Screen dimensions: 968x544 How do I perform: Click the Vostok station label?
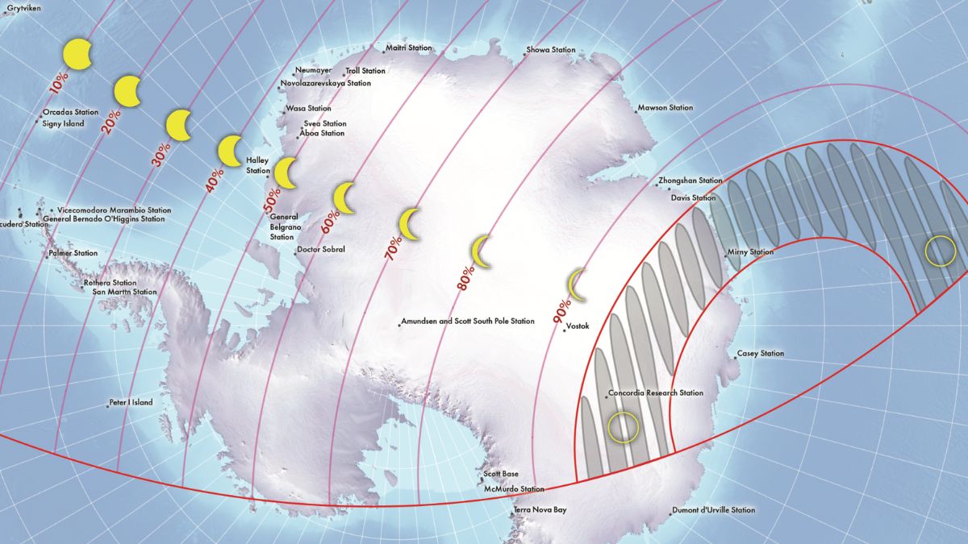tap(578, 326)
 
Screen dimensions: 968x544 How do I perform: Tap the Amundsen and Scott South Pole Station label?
tap(468, 322)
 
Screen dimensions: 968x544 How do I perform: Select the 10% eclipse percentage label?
tap(59, 82)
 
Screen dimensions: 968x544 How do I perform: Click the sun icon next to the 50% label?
tap(286, 172)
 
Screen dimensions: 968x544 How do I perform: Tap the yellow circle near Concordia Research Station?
tap(623, 426)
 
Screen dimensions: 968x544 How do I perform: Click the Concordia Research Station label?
tap(656, 393)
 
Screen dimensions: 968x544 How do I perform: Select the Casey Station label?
tap(760, 354)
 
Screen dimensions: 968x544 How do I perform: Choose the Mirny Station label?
tap(750, 252)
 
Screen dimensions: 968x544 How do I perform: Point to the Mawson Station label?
tap(665, 107)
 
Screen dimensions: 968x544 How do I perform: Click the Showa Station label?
tap(551, 50)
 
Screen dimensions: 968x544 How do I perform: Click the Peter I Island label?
tap(131, 402)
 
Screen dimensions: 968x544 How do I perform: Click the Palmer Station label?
tap(73, 253)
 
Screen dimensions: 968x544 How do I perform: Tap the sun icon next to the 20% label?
tap(128, 90)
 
